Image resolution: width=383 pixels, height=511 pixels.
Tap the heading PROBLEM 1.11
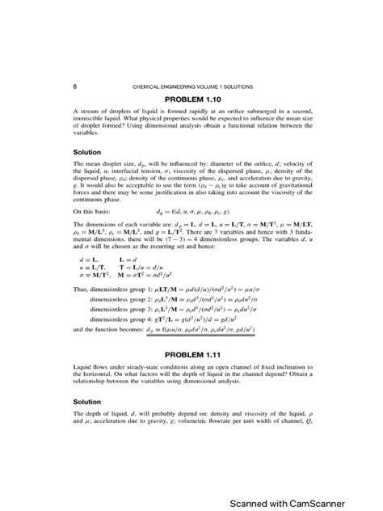pos(191,355)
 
